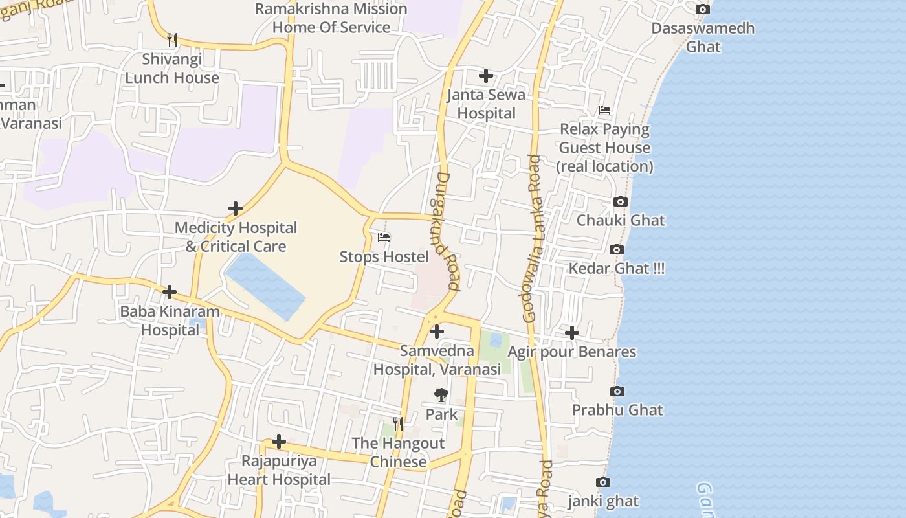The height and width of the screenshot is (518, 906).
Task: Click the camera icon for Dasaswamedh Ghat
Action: point(702,9)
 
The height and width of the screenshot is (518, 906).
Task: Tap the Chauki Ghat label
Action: point(621,220)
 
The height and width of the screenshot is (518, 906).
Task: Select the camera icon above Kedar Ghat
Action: point(617,250)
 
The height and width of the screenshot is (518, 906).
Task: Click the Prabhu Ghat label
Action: point(617,410)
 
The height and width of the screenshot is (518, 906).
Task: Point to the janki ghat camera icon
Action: point(602,482)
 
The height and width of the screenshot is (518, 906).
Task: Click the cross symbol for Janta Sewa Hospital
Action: point(486,76)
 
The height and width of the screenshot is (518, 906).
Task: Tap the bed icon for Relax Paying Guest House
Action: point(604,110)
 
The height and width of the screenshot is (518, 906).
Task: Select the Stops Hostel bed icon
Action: point(384,238)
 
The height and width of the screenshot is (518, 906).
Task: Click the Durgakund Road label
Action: point(447,231)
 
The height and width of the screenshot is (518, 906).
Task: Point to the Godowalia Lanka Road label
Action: point(532,238)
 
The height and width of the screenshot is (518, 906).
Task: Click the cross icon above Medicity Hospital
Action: point(236,208)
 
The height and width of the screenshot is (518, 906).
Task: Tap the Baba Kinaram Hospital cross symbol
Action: point(170,292)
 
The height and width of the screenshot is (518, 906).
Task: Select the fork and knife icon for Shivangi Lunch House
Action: point(171,40)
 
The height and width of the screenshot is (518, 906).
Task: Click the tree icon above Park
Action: point(441,395)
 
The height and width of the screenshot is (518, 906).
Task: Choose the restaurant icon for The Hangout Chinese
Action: point(398,424)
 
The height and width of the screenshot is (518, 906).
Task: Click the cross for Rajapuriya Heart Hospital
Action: point(279,442)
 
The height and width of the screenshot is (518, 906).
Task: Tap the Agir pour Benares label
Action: point(572,352)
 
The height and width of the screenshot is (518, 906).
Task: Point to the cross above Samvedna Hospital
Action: point(437,332)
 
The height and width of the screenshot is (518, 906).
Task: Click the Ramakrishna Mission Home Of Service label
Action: point(331,18)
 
